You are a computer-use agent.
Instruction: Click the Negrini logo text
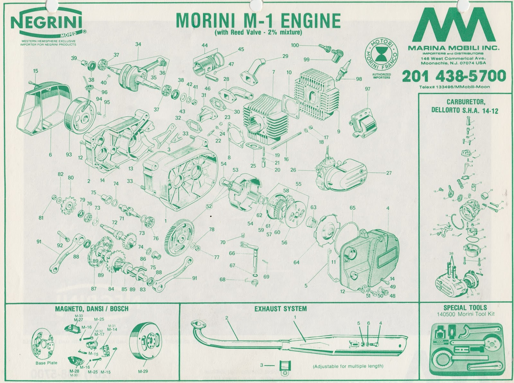coord(47,22)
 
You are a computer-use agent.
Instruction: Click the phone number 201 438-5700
coord(454,76)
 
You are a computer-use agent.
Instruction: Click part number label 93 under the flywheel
coord(69,155)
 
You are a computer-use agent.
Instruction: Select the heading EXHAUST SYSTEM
coord(280,309)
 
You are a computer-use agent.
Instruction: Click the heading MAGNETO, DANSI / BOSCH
coord(92,309)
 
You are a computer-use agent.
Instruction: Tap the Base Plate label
coord(46,363)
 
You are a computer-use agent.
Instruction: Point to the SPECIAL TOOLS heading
coord(465,308)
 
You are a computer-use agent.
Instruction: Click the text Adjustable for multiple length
coord(348,366)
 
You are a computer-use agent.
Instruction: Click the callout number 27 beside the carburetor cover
coord(389,173)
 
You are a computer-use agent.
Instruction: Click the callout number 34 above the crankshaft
coord(138,44)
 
